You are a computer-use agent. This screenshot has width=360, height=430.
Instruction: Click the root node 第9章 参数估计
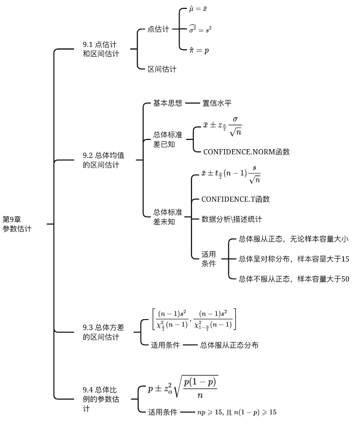[17, 224]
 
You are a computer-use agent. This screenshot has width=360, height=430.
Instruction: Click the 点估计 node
[158, 29]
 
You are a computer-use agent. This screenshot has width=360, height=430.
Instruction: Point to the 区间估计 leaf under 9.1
[162, 69]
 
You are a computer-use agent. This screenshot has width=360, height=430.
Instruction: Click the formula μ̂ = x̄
[198, 9]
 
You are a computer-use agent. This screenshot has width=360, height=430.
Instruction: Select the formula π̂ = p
[199, 50]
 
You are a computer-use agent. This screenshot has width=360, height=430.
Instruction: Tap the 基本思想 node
[168, 103]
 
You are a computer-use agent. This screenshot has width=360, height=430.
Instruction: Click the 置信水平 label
[217, 103]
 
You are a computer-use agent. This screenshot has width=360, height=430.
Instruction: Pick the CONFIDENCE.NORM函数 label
[246, 151]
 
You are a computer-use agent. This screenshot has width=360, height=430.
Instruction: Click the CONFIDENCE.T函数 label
[235, 199]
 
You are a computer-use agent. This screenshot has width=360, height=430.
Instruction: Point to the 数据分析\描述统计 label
[232, 219]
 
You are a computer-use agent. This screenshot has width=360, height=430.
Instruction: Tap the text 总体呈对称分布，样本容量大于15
[294, 259]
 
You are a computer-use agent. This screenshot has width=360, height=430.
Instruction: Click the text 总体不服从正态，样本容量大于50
[294, 279]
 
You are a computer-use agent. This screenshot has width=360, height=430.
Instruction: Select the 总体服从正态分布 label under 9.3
[229, 345]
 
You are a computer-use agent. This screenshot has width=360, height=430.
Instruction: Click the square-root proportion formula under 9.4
[183, 387]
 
